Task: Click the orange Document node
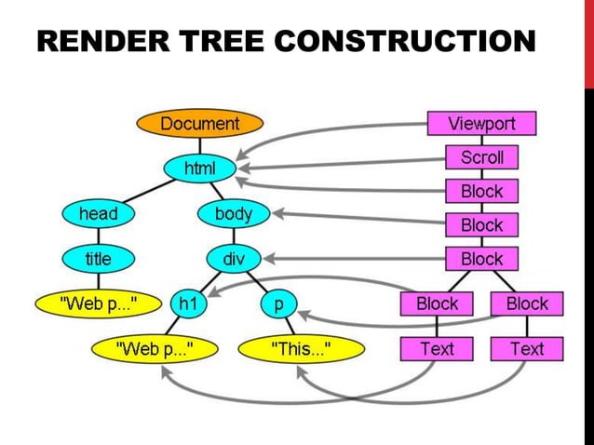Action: point(199,124)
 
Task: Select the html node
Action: point(199,169)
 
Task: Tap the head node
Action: point(98,214)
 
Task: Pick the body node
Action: point(233,214)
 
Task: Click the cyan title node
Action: point(98,259)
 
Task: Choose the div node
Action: point(233,259)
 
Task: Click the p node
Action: point(277,303)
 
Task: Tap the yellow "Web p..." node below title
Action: point(98,303)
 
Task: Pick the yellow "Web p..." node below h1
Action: point(154,349)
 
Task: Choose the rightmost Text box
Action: point(526,349)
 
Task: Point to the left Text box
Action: point(437,349)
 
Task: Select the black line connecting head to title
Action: point(98,236)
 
